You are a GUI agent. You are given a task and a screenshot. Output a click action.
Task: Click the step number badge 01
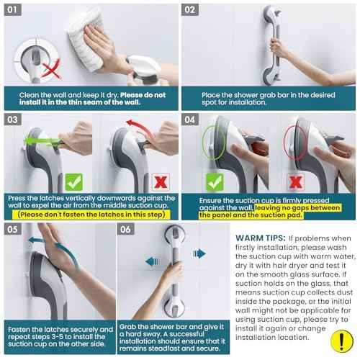coord(15,11)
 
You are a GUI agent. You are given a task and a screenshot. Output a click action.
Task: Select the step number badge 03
coord(15,120)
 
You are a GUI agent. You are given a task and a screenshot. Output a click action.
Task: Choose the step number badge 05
coord(15,230)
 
